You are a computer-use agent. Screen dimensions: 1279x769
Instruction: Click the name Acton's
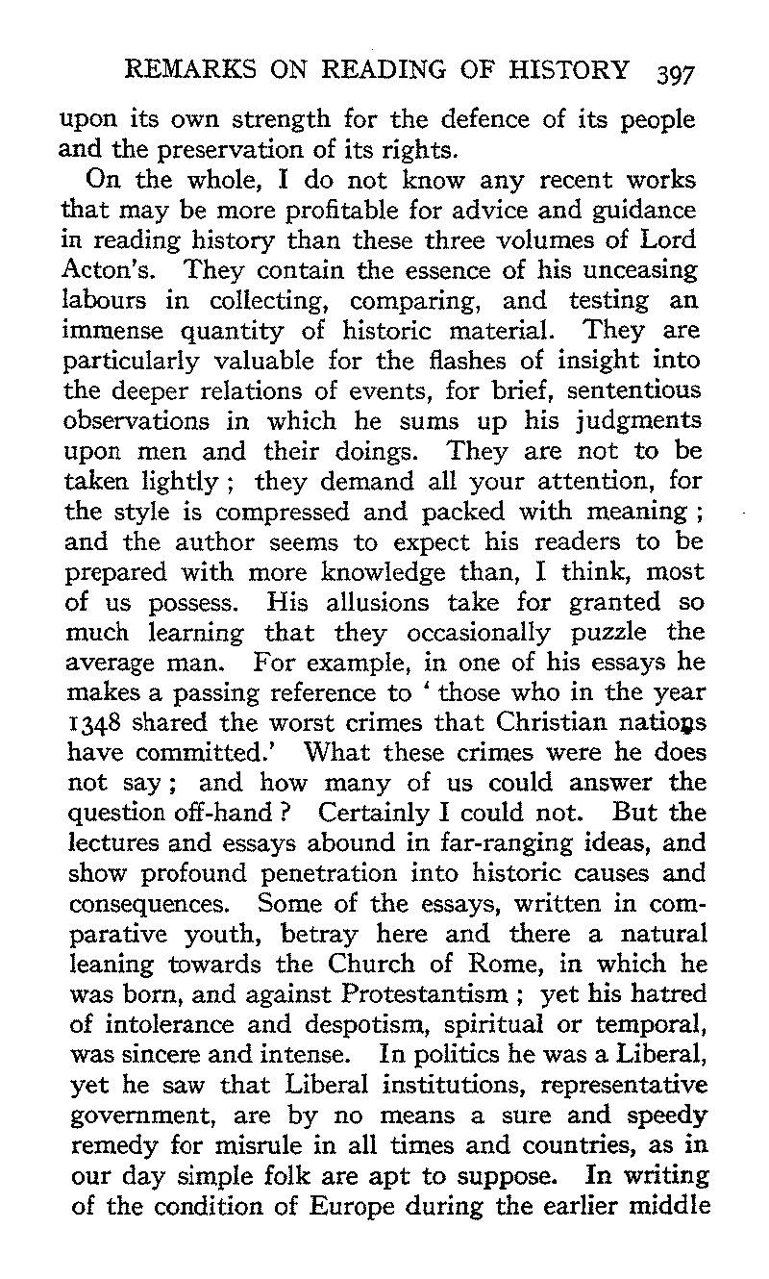pos(95,269)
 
